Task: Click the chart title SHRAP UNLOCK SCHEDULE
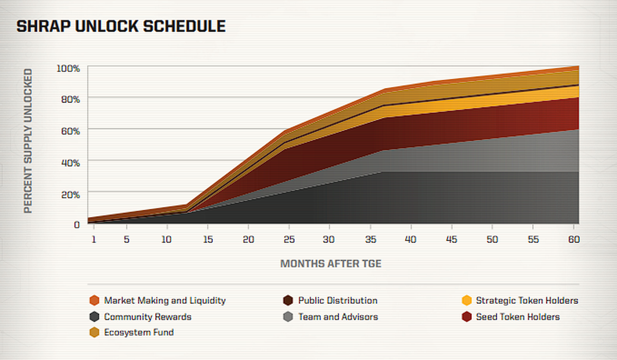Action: click(x=121, y=27)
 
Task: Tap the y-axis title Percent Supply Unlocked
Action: click(x=28, y=140)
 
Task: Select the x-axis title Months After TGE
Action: click(x=331, y=264)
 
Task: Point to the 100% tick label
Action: click(x=68, y=68)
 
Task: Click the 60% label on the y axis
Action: click(x=69, y=131)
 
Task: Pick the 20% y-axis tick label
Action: click(x=69, y=194)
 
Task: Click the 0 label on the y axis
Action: click(x=77, y=225)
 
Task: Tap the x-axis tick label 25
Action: click(x=288, y=240)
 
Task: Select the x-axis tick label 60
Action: click(x=574, y=240)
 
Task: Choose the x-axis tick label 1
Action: click(x=94, y=240)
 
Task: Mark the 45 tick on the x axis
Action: click(x=451, y=240)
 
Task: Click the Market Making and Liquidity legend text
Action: click(x=165, y=300)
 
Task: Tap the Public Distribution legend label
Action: click(x=337, y=300)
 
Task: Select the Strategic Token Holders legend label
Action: click(x=527, y=300)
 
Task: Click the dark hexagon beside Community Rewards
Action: click(x=94, y=317)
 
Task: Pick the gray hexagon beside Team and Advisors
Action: click(x=288, y=317)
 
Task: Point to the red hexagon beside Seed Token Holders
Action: click(x=466, y=317)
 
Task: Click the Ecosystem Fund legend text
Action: click(x=139, y=332)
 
